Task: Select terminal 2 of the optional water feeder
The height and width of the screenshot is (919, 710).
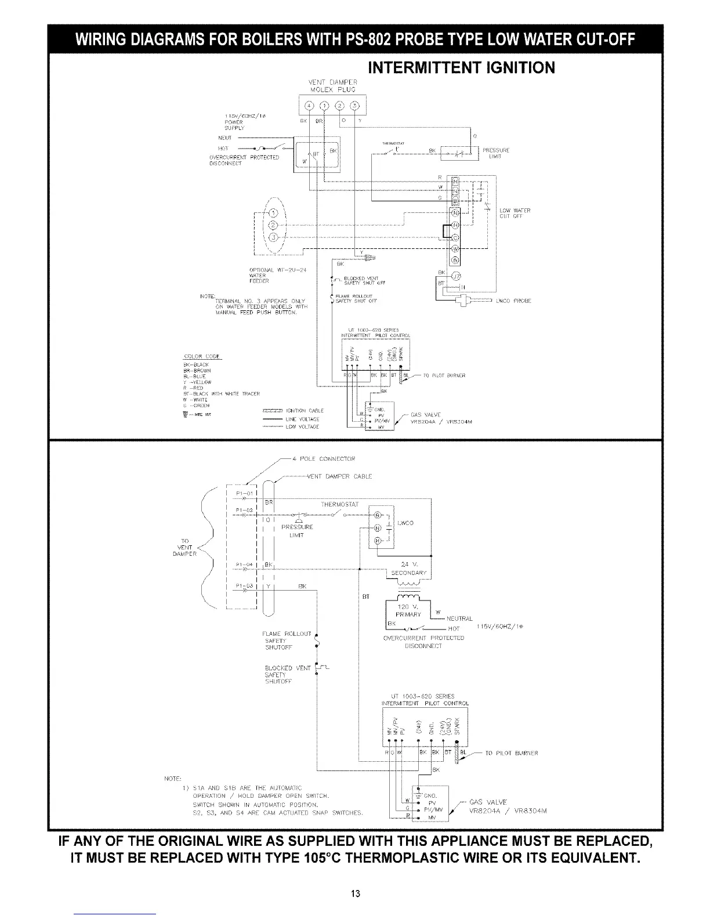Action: pyautogui.click(x=275, y=225)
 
